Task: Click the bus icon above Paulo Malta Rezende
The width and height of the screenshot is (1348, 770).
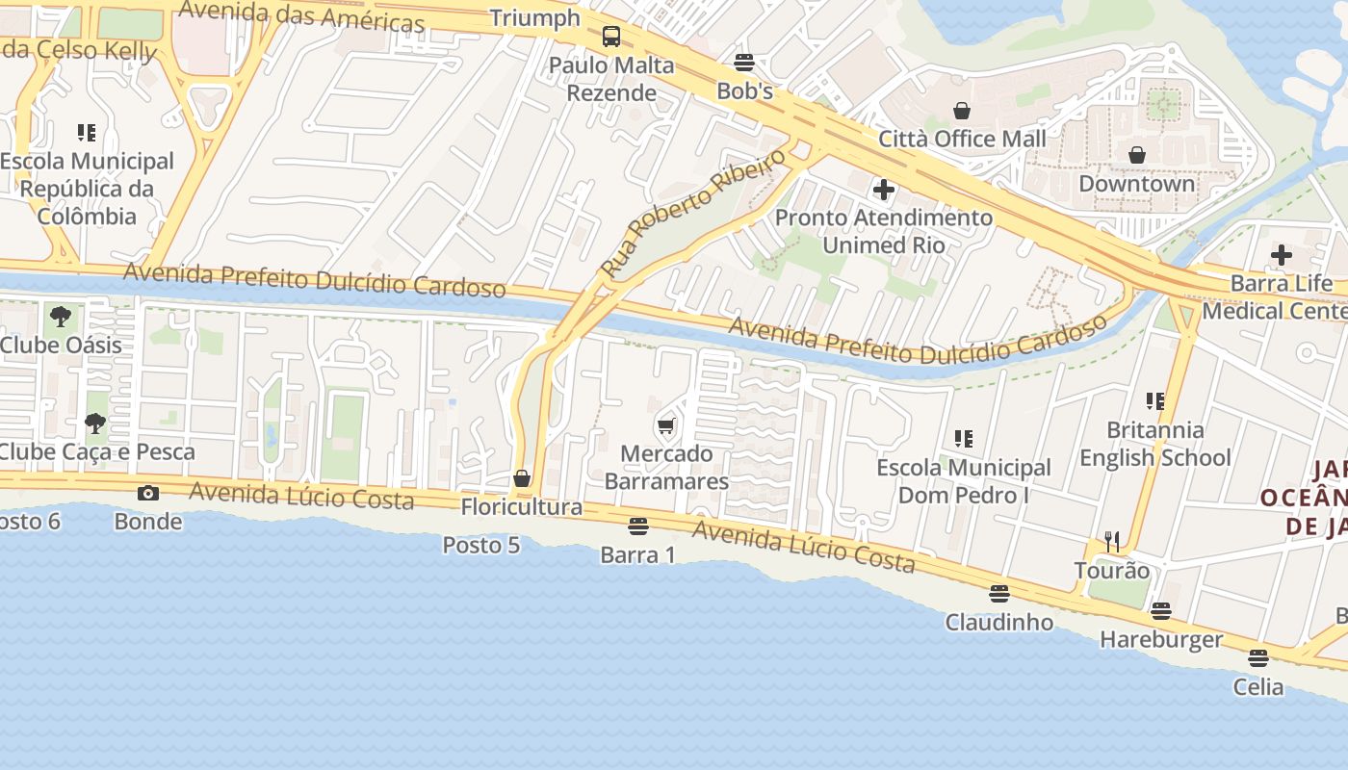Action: click(611, 37)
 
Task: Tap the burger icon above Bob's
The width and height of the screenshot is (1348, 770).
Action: click(743, 63)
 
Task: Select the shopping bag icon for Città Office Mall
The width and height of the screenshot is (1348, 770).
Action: click(961, 110)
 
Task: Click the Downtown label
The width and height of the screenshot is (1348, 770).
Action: click(1136, 183)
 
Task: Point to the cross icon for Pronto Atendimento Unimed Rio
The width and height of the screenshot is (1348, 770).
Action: click(883, 190)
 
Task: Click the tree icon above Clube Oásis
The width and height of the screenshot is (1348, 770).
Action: click(60, 317)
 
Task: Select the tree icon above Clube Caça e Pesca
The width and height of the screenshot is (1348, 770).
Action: click(94, 423)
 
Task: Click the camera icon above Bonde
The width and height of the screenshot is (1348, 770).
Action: click(147, 493)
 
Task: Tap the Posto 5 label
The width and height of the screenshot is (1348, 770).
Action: click(480, 545)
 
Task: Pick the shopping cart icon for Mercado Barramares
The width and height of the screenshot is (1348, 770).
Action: click(665, 425)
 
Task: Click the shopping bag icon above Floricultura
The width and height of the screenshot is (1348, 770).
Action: click(522, 478)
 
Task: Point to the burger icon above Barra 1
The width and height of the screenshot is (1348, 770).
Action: click(637, 526)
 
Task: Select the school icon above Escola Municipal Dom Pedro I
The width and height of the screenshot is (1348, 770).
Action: click(963, 439)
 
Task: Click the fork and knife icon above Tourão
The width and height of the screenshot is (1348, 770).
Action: click(1112, 542)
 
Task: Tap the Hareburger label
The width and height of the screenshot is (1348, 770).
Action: click(1160, 639)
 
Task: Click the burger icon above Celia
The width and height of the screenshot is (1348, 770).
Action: click(1257, 658)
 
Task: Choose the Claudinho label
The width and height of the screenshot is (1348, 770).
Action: click(998, 622)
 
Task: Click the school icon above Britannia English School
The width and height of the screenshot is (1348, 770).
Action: click(1154, 401)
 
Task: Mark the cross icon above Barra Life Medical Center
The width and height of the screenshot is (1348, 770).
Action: click(1281, 255)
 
